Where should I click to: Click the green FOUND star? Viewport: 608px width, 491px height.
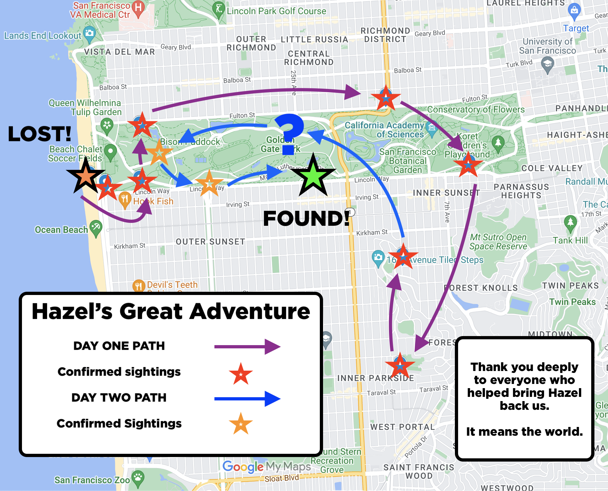[x=313, y=176]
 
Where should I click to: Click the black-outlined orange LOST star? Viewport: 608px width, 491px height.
[x=86, y=176]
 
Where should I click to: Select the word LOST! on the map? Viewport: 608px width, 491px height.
[x=39, y=134]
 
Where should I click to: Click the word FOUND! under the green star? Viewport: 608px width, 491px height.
[x=306, y=218]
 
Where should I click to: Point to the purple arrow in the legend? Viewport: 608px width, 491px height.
[x=247, y=347]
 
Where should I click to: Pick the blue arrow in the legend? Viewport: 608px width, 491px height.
[x=247, y=398]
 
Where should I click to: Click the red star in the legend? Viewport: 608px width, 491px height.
[x=241, y=374]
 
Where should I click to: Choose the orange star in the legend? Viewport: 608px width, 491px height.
[x=241, y=424]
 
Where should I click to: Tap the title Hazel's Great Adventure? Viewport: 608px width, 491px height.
[x=171, y=311]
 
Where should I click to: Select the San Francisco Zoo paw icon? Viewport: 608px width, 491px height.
[x=138, y=478]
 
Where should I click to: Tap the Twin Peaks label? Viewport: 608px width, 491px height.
[x=572, y=302]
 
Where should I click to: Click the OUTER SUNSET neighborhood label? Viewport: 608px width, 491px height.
[x=210, y=242]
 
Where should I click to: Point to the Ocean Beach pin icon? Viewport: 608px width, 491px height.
[x=96, y=227]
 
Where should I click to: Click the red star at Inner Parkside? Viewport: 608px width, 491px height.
[x=400, y=366]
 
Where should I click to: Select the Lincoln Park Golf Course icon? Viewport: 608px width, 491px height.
[x=219, y=8]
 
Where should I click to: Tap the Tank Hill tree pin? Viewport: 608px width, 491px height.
[x=570, y=223]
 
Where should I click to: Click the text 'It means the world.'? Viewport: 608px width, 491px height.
[x=524, y=431]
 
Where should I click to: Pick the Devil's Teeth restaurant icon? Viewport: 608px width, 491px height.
[x=138, y=285]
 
